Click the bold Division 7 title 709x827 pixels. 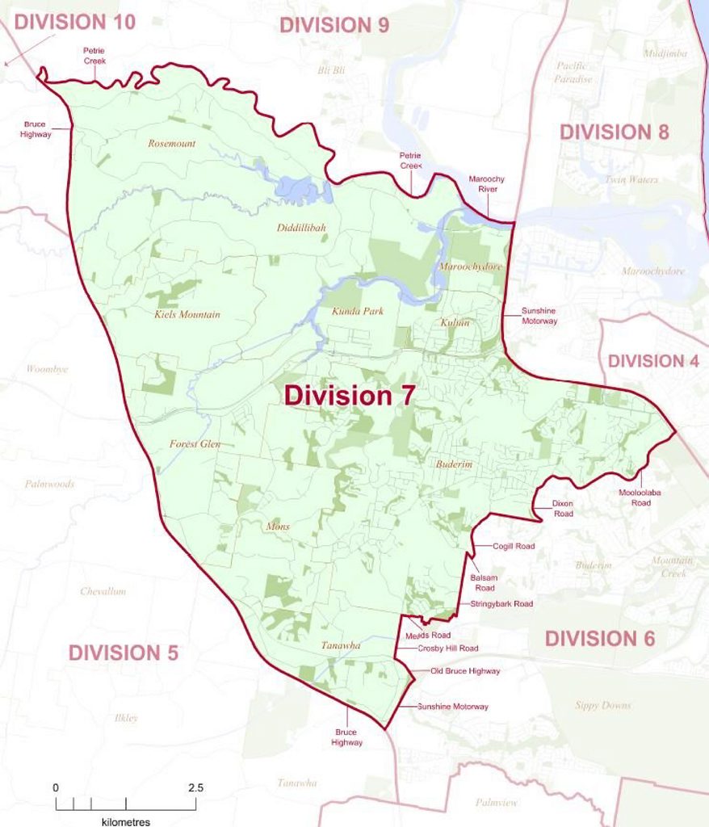(350, 397)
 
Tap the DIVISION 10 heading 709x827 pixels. (74, 22)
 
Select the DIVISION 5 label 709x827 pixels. (123, 653)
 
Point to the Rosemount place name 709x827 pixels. (171, 144)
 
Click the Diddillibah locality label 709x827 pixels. (301, 229)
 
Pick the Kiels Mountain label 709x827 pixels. (187, 314)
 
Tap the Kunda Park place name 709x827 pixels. (357, 311)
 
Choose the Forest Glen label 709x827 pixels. (195, 444)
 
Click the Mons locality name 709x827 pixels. (277, 527)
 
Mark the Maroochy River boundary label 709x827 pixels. (484, 183)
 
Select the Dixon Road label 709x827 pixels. (562, 508)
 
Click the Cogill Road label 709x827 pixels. (514, 547)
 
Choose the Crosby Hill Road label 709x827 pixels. (447, 649)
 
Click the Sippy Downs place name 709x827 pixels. (603, 705)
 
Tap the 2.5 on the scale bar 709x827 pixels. (195, 787)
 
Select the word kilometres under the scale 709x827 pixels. (126, 821)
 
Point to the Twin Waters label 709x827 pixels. (631, 179)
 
